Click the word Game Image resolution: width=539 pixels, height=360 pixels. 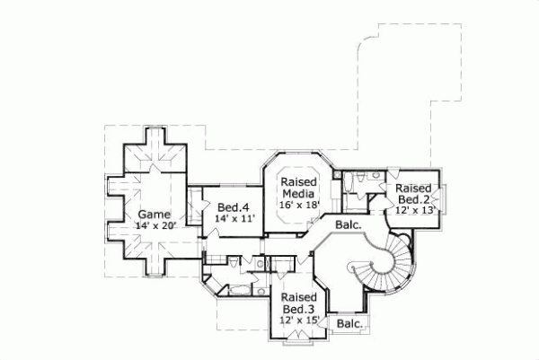pos(153,214)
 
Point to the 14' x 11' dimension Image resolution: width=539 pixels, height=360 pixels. pos(235,218)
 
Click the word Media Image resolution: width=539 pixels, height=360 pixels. pos(298,193)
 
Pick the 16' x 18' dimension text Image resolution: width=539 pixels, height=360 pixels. pos(299,205)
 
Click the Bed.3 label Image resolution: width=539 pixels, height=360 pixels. pos(296,310)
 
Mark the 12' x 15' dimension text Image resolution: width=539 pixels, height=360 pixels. pos(297,320)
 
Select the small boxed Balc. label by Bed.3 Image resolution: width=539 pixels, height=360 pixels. pos(350,323)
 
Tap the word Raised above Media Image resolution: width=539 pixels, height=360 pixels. pos(298,181)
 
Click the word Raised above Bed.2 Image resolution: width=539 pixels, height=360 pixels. pos(414,188)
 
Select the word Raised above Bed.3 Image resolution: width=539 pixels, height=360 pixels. pos(296,298)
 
